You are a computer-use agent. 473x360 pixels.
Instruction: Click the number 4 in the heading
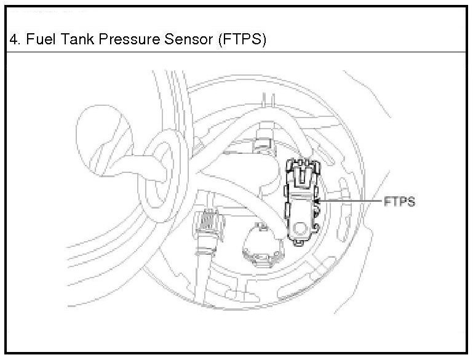(x=14, y=41)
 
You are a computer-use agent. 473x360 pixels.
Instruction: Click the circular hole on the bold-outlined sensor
(x=301, y=228)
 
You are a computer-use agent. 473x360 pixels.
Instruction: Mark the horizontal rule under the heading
(x=236, y=54)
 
